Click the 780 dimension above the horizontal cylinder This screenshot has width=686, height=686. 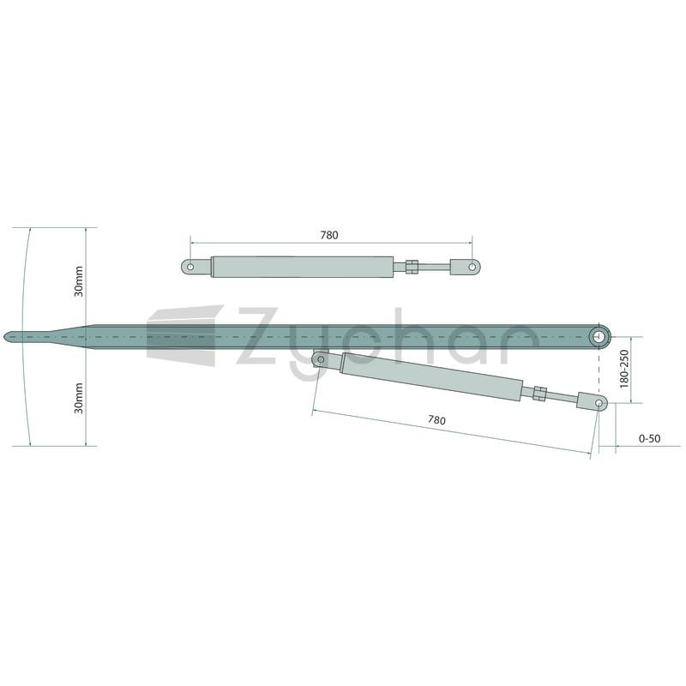[x=329, y=235]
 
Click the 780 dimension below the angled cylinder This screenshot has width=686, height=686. [x=436, y=420]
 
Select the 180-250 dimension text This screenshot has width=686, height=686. [x=624, y=369]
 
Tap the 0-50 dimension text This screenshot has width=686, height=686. [x=650, y=438]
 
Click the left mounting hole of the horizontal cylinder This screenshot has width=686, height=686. [x=190, y=267]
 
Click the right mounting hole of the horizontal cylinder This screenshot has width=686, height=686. [x=472, y=267]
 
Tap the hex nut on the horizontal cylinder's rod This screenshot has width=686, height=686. [x=412, y=267]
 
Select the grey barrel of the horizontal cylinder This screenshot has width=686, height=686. [x=303, y=267]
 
